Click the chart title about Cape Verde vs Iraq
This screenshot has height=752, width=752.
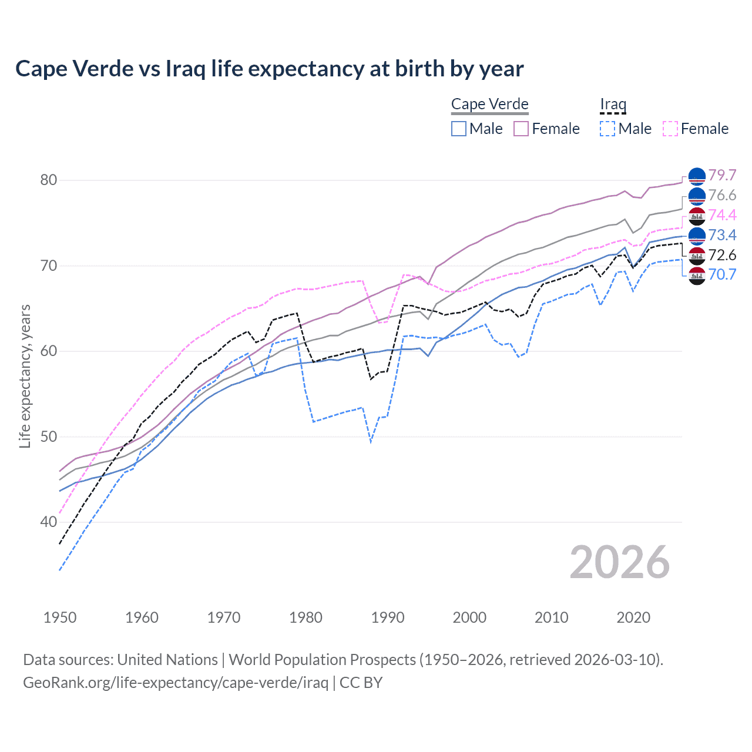[x=269, y=69]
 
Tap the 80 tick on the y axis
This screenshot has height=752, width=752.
[x=49, y=180]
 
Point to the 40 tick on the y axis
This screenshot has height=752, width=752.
[x=49, y=522]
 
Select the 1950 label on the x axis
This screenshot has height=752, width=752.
[x=60, y=617]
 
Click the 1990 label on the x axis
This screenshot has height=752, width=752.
[x=388, y=617]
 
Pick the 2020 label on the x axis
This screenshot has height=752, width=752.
[x=633, y=617]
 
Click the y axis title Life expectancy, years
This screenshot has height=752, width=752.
[x=25, y=376]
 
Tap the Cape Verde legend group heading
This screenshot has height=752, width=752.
[x=490, y=105]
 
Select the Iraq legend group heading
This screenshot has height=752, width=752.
[x=613, y=105]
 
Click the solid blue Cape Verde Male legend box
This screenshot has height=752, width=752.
[x=459, y=129]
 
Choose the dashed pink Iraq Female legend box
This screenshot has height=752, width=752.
[x=670, y=129]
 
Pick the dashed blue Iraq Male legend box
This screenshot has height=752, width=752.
[x=607, y=129]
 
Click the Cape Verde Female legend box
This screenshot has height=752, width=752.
[x=521, y=129]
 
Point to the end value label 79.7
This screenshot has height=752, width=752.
[x=722, y=176]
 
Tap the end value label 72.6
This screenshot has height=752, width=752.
[x=722, y=255]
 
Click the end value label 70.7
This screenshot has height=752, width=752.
[x=722, y=275]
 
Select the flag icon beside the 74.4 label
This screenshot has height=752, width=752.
[x=697, y=216]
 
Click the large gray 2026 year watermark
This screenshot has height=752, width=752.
[x=620, y=562]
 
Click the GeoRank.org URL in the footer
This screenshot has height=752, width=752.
[x=176, y=683]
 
